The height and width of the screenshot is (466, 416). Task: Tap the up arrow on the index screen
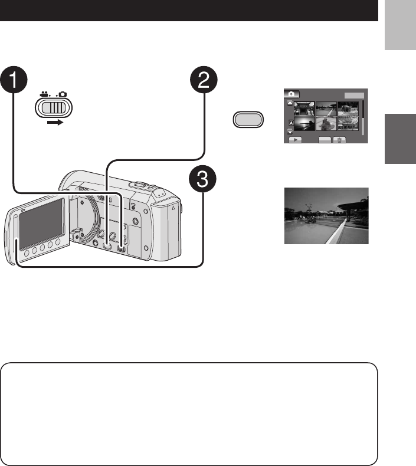290,103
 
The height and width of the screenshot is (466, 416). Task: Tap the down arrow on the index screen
290,132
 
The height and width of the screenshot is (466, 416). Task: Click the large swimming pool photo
326,216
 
